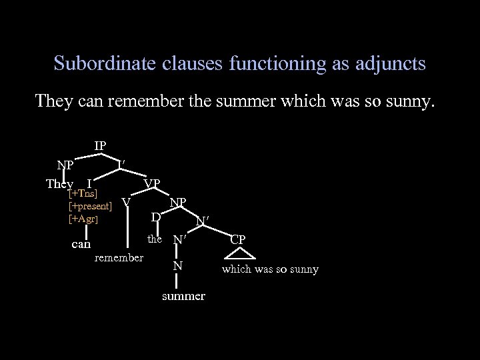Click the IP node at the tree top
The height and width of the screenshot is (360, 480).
click(100, 146)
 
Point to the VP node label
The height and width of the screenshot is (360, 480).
click(151, 183)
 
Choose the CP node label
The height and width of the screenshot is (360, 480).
click(239, 239)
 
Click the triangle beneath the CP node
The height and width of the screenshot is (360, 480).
click(239, 253)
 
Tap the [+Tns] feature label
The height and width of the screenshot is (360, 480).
click(84, 193)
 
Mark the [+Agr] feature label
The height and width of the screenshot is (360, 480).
click(84, 218)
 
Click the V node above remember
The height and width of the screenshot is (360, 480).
click(125, 200)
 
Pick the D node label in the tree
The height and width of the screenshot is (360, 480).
click(155, 217)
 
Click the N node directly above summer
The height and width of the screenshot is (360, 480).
click(177, 266)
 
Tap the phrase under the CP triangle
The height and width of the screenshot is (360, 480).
click(270, 269)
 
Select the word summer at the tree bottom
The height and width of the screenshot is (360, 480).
click(183, 296)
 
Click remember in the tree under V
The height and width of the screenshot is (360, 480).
click(119, 257)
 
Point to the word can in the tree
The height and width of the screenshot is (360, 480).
click(81, 244)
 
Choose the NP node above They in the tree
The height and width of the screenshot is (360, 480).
click(65, 164)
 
